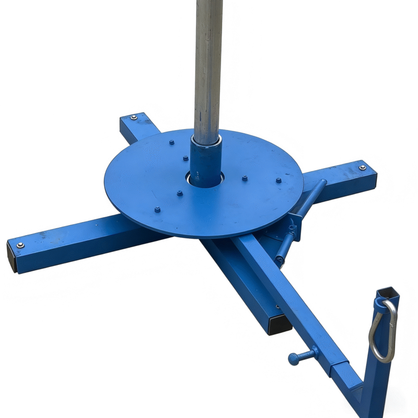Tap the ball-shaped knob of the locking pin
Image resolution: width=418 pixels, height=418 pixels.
(x=293, y=358)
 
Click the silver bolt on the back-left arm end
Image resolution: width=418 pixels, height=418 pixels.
(x=134, y=118)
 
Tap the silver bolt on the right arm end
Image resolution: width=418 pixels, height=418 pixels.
(x=362, y=168)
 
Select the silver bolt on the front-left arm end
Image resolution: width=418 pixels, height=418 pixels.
(x=20, y=245)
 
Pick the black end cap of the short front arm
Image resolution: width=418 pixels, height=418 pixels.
(x=280, y=325)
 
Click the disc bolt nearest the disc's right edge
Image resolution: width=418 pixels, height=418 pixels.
(x=278, y=181)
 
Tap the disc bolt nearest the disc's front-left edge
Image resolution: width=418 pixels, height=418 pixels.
(x=157, y=210)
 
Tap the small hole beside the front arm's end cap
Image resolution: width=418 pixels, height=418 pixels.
(x=277, y=307)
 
